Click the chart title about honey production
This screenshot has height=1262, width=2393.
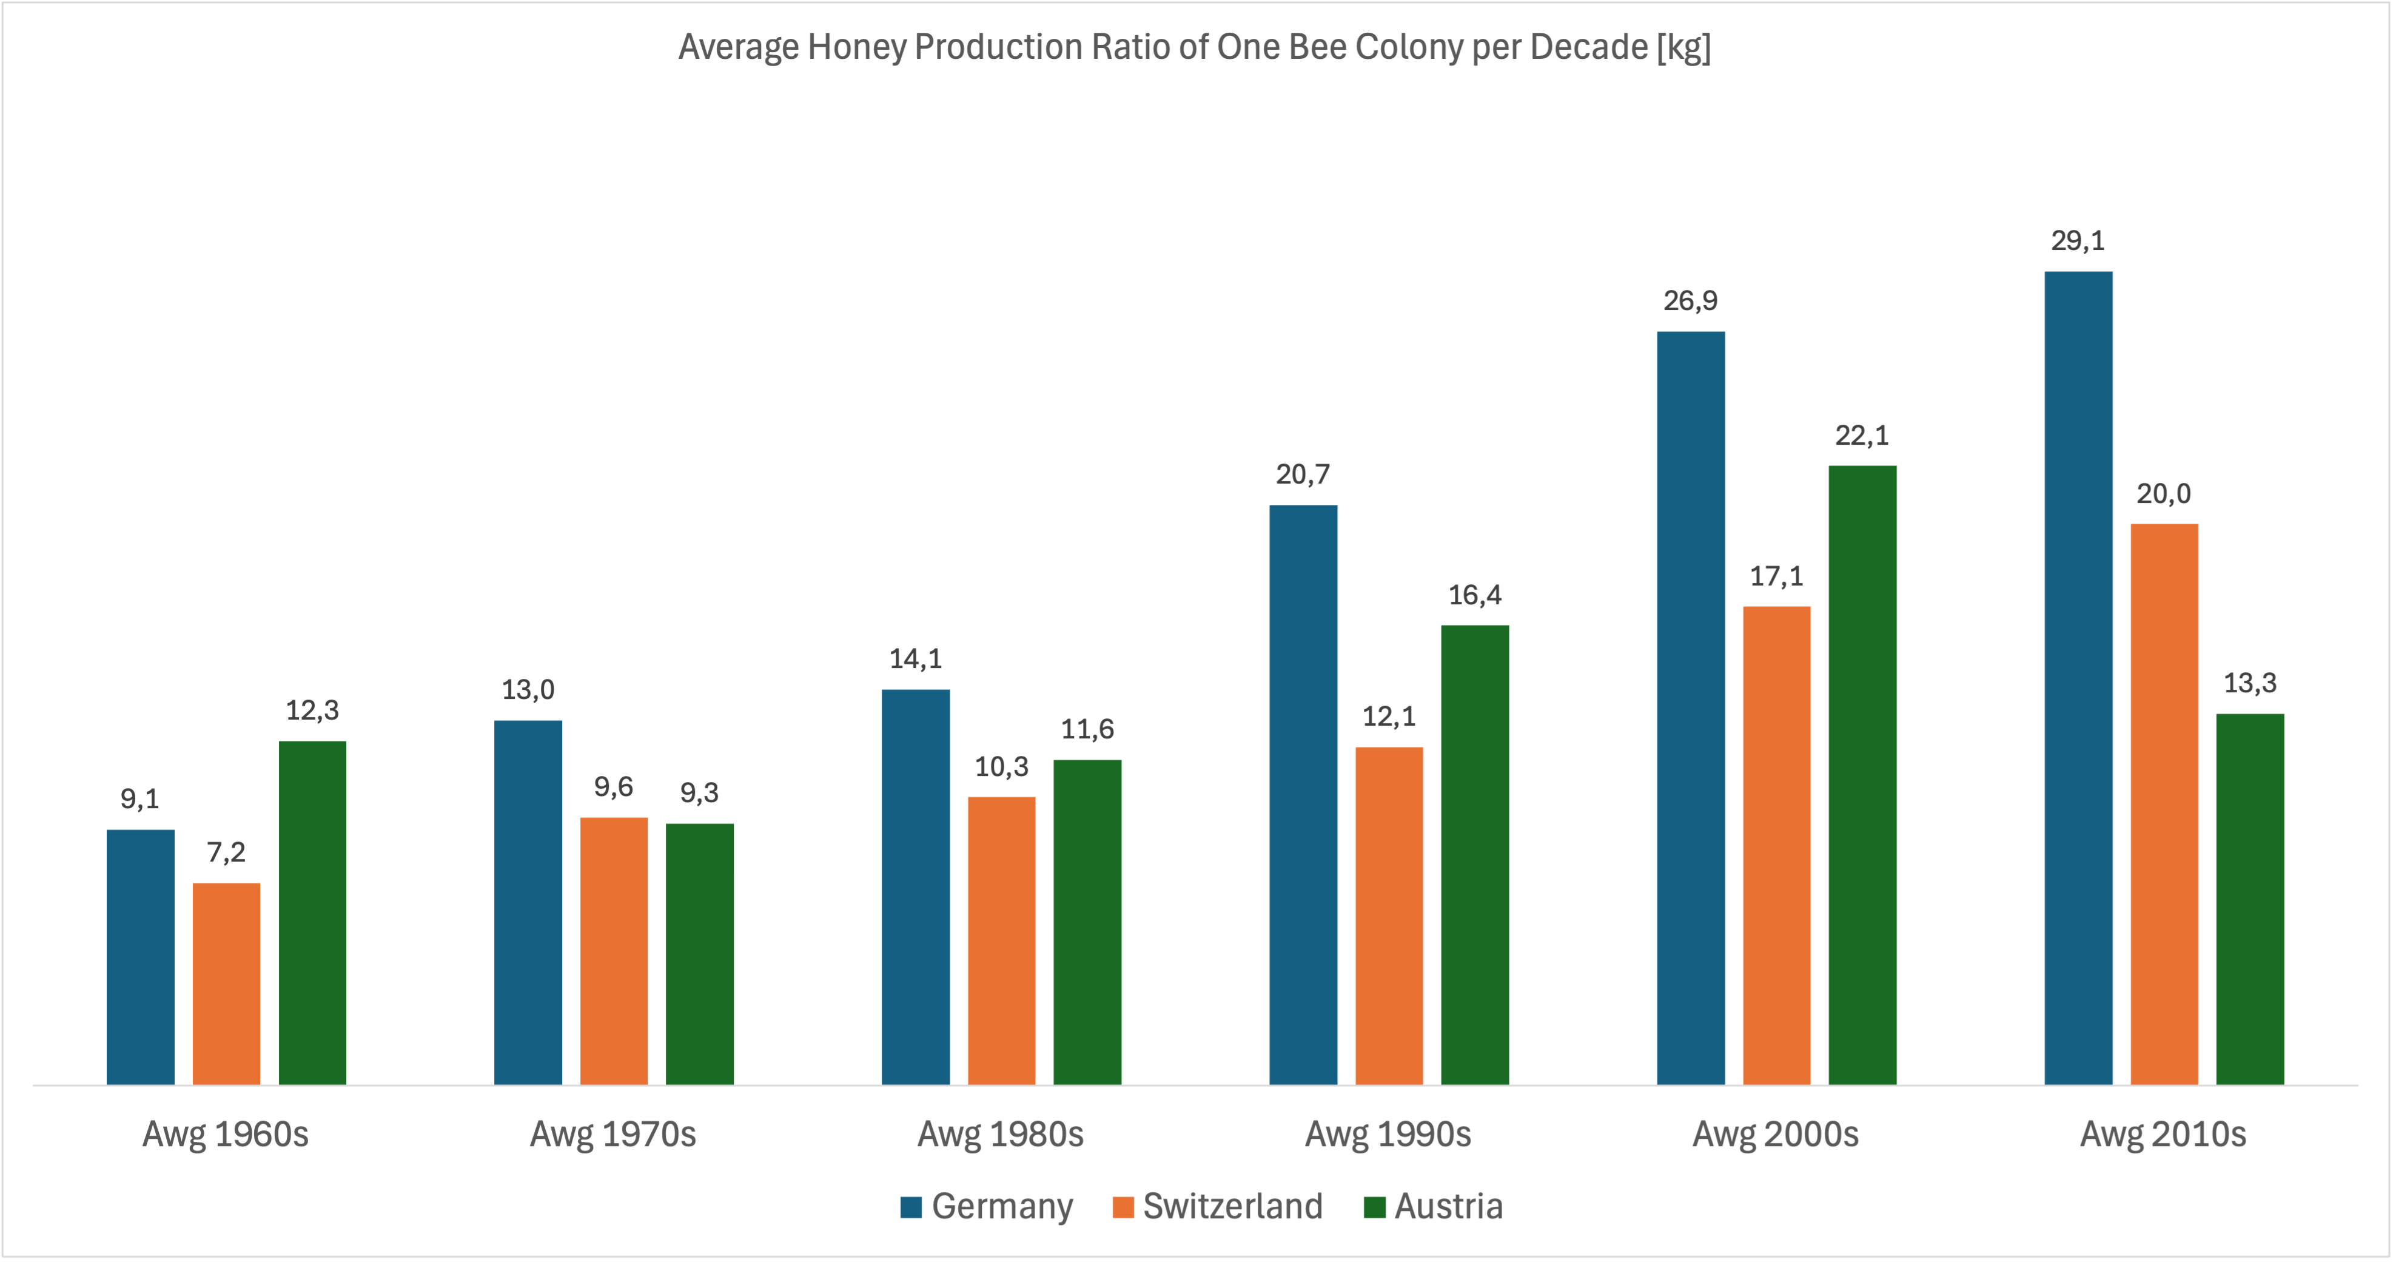[x=1195, y=47]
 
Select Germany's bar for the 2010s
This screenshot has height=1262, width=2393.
[x=2078, y=678]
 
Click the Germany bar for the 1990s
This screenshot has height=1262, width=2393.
[x=1303, y=795]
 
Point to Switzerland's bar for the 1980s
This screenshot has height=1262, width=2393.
[x=1001, y=940]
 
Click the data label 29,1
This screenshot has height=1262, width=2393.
[x=2078, y=241]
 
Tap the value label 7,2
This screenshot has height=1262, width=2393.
[x=227, y=852]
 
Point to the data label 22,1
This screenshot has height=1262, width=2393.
[x=1862, y=435]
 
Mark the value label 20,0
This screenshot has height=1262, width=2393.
[x=2164, y=493]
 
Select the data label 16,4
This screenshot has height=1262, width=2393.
[x=1475, y=595]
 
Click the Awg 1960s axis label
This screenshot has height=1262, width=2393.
[x=226, y=1135]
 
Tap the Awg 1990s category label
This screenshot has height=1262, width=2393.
[x=1389, y=1135]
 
